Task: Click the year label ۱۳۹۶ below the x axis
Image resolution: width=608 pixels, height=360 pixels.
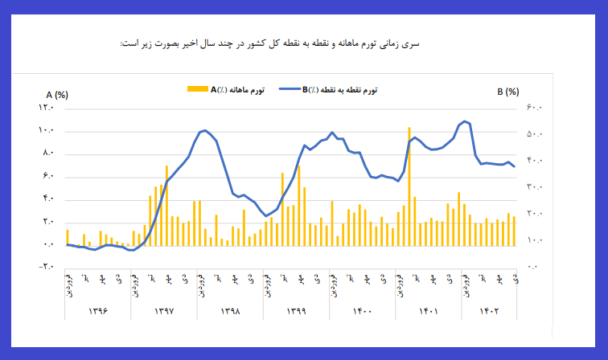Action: pyautogui.click(x=98, y=310)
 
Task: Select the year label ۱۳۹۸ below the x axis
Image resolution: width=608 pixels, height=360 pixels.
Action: pyautogui.click(x=231, y=310)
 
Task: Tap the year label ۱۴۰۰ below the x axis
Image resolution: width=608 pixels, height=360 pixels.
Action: pyautogui.click(x=363, y=310)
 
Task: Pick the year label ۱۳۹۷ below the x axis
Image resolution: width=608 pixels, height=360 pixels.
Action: pyautogui.click(x=164, y=310)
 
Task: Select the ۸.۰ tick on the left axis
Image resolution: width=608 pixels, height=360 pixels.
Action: pyautogui.click(x=47, y=153)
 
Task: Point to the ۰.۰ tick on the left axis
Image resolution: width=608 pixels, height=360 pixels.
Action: pyautogui.click(x=47, y=244)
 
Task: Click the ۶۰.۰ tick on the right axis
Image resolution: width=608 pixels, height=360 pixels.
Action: pyautogui.click(x=536, y=108)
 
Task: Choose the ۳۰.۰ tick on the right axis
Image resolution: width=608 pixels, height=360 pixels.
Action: pyautogui.click(x=536, y=187)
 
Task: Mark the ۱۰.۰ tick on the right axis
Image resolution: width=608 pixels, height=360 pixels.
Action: pyautogui.click(x=536, y=240)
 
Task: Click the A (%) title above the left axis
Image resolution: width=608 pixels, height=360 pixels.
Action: pyautogui.click(x=57, y=93)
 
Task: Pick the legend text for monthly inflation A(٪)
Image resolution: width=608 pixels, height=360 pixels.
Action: pyautogui.click(x=238, y=89)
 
